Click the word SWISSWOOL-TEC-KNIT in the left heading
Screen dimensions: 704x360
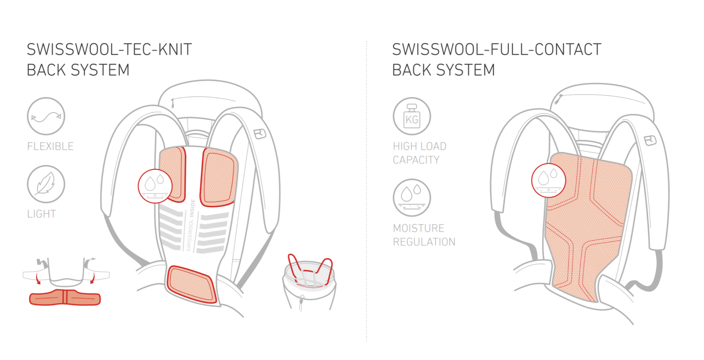click(109, 49)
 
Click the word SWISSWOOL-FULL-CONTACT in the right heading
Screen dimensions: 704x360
click(497, 49)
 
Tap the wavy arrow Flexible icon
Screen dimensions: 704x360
click(46, 116)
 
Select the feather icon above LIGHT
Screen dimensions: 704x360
click(46, 184)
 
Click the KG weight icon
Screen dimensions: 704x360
click(412, 116)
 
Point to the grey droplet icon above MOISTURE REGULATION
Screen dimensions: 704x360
click(412, 198)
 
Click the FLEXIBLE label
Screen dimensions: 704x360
click(51, 146)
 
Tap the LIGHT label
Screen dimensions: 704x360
click(42, 214)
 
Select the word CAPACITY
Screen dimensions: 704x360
click(416, 160)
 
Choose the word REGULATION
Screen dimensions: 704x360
click(424, 242)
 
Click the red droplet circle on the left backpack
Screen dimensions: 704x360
click(155, 186)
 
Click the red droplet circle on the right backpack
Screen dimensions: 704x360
click(549, 180)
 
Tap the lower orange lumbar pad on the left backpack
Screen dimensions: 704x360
click(191, 285)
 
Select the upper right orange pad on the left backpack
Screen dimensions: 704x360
click(218, 177)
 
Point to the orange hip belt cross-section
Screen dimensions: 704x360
click(65, 297)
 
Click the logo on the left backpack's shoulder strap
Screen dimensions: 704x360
click(260, 134)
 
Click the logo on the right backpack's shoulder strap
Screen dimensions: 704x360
click(650, 140)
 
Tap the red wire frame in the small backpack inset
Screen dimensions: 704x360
click(310, 270)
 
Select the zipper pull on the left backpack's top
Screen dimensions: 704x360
click(173, 103)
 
